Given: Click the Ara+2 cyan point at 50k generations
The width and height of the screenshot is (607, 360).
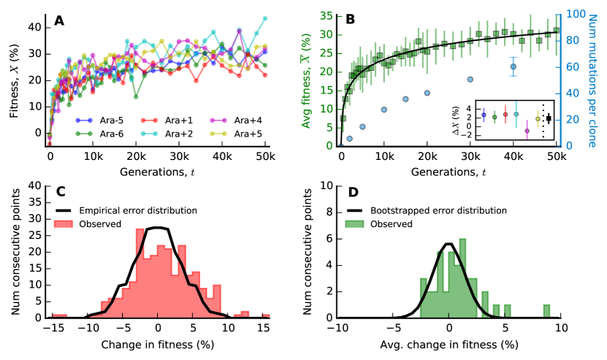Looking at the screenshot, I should pyautogui.click(x=264, y=18).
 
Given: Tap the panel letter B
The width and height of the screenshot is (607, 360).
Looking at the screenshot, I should pyautogui.click(x=351, y=20).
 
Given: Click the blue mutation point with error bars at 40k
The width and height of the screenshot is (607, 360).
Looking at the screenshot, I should pyautogui.click(x=514, y=66).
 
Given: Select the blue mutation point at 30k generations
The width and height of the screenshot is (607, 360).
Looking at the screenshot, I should pyautogui.click(x=470, y=79).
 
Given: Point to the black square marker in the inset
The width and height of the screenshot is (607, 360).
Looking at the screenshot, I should pyautogui.click(x=548, y=118).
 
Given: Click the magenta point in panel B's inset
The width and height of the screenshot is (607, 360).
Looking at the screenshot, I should pyautogui.click(x=527, y=131).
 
